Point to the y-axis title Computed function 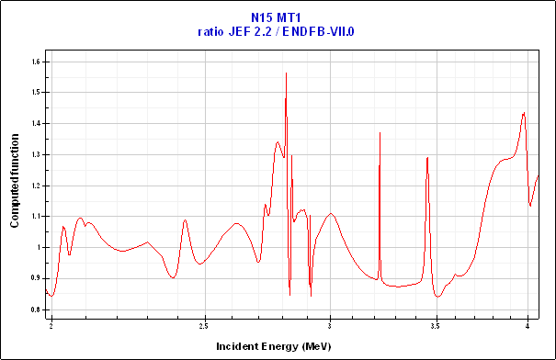15,184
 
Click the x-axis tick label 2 51,325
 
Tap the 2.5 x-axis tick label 204,325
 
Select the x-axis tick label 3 330,325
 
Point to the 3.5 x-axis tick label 436,325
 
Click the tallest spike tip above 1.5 287,73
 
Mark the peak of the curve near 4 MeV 524,113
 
